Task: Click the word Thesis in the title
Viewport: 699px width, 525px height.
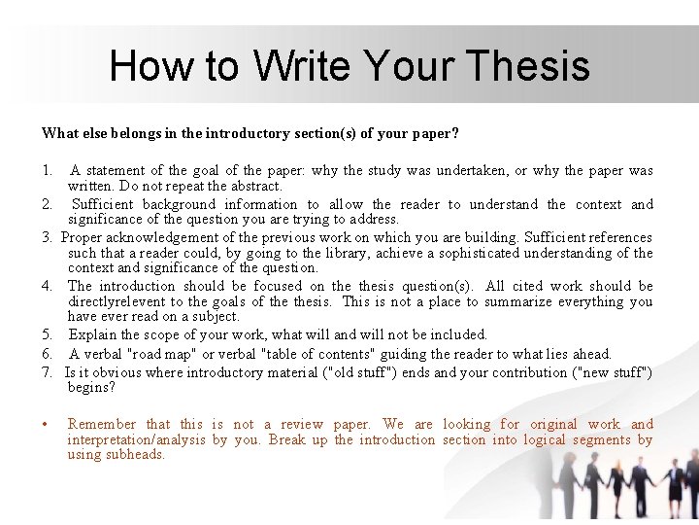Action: pos(528,66)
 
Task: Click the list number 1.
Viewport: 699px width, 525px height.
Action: pos(47,171)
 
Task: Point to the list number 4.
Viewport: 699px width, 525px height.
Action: pos(47,287)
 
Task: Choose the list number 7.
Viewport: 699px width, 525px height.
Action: pos(47,372)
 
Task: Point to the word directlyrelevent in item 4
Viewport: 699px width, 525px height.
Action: pos(115,301)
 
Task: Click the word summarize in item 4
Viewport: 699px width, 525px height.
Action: pos(545,301)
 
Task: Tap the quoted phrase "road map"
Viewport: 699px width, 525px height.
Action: pos(161,354)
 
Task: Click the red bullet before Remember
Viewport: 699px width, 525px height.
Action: pos(47,425)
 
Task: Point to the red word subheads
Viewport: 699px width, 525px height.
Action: pos(137,455)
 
